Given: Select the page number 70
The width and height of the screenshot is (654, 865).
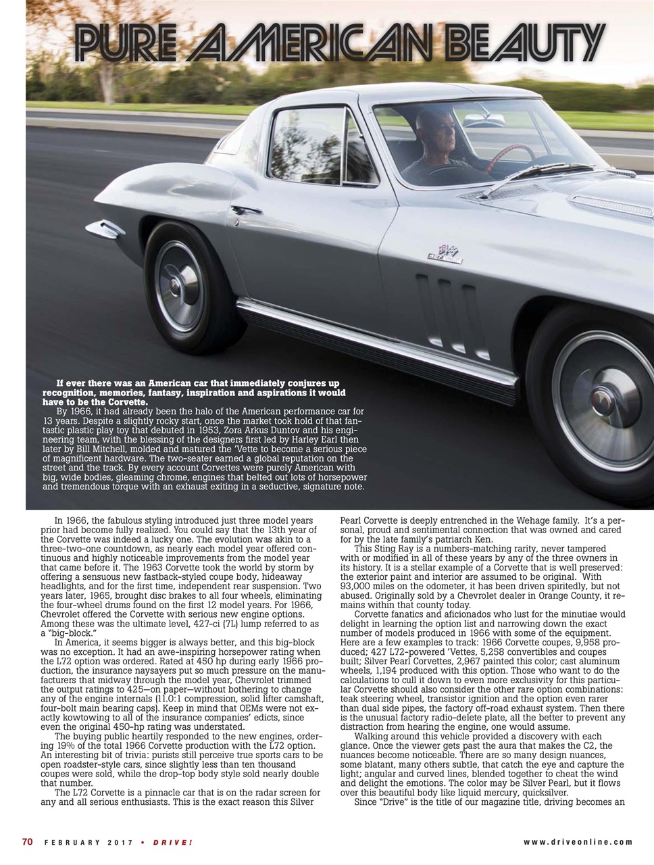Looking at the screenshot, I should (28, 841).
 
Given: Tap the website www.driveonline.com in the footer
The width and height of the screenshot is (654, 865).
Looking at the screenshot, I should (578, 842).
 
